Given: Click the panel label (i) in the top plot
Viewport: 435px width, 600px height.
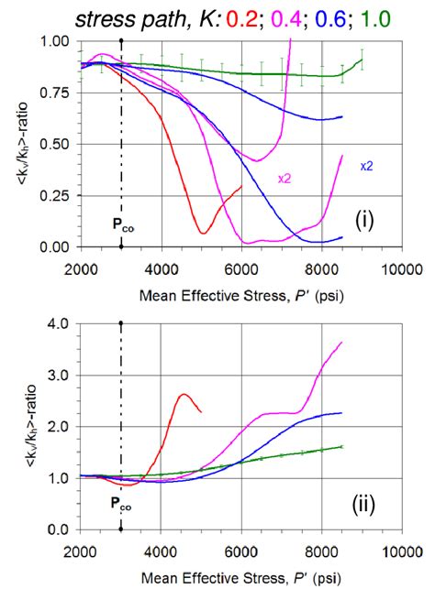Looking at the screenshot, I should coord(370,219).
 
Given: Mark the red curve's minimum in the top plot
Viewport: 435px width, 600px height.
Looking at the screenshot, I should coord(203,233).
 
